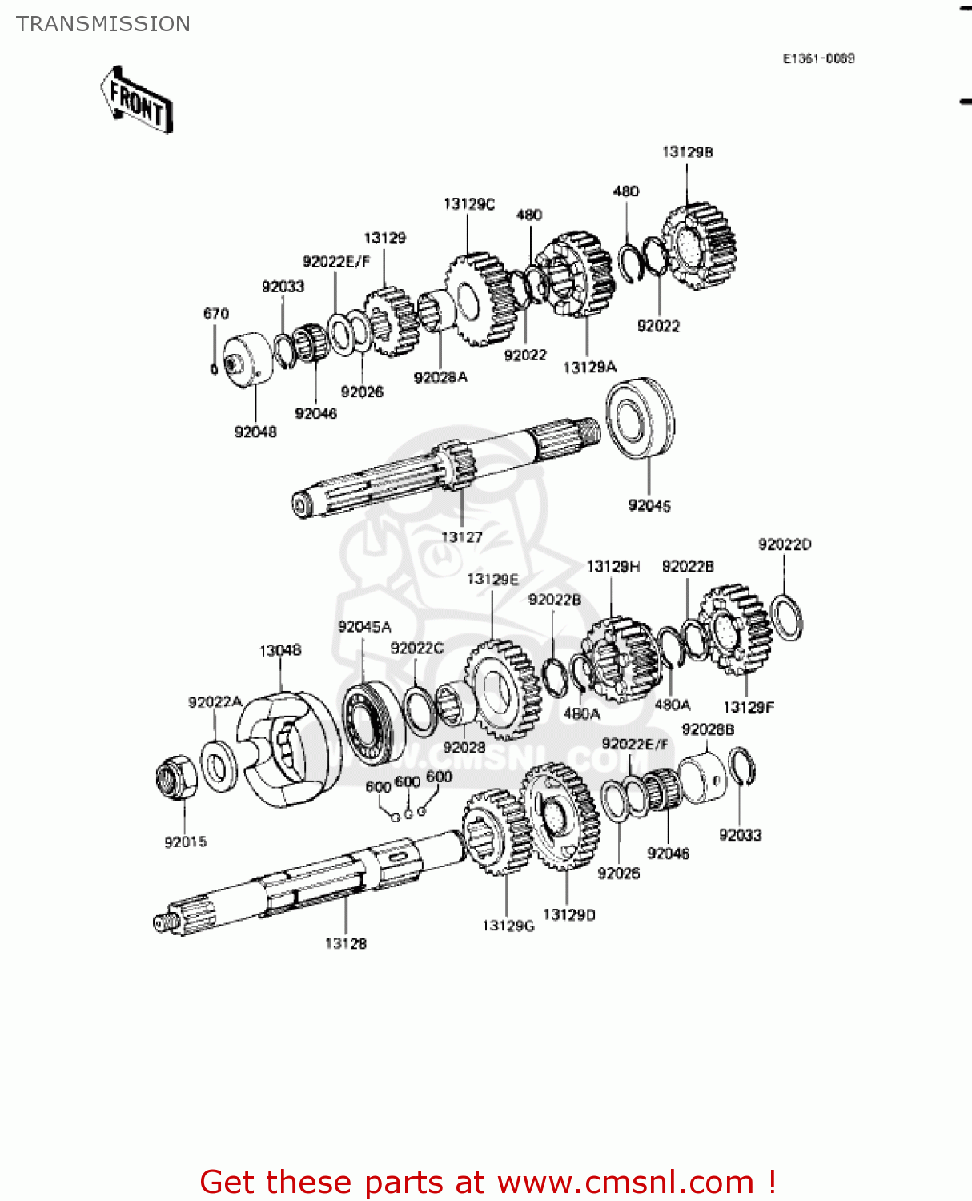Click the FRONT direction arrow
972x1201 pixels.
click(137, 101)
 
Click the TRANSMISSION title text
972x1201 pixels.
click(103, 24)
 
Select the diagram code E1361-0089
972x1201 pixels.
click(818, 58)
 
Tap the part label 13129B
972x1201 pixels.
click(687, 152)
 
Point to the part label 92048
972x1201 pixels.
click(255, 432)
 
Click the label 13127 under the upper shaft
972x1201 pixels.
click(462, 537)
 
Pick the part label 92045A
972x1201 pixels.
click(364, 627)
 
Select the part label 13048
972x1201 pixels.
click(280, 650)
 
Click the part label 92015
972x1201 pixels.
click(186, 842)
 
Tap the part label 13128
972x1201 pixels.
click(346, 943)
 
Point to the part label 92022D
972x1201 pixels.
click(785, 544)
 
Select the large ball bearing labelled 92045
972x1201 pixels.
click(640, 418)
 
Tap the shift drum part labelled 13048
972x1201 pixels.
click(284, 749)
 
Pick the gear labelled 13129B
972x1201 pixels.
click(699, 245)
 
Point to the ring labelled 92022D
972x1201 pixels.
click(786, 618)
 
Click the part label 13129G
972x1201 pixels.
click(508, 926)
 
